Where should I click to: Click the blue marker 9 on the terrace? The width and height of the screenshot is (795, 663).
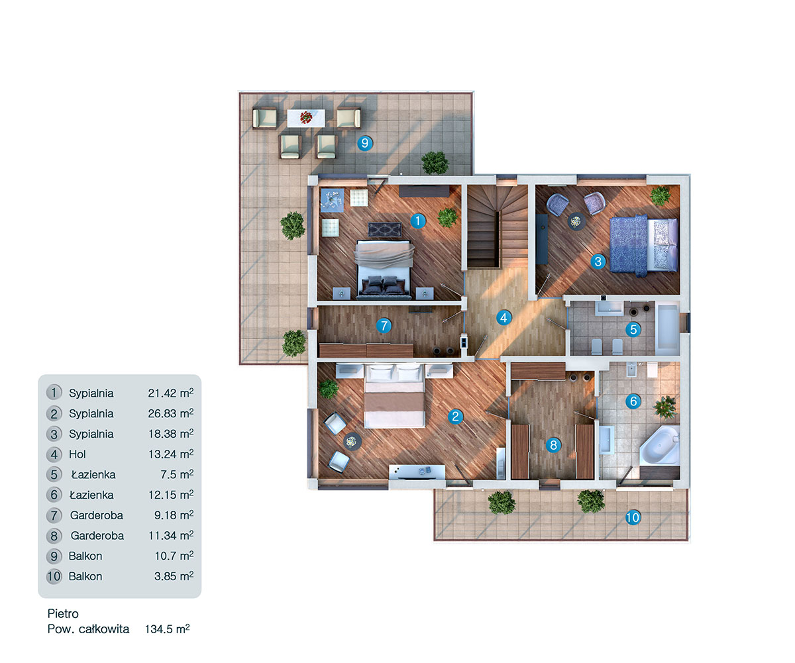(x=363, y=142)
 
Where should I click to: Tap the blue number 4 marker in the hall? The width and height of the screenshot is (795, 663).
(x=504, y=318)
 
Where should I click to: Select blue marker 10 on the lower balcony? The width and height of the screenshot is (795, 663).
(x=633, y=518)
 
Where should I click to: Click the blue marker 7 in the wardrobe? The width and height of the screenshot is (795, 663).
(x=383, y=325)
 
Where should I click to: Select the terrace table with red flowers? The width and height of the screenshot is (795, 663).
(x=306, y=118)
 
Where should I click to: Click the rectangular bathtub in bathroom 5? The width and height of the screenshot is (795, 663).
(x=666, y=328)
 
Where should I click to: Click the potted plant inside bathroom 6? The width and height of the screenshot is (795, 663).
(x=665, y=405)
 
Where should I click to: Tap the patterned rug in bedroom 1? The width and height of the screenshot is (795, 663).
(x=385, y=229)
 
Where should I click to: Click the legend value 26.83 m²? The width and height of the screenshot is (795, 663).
(x=170, y=413)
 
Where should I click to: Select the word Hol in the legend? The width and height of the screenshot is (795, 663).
(x=78, y=454)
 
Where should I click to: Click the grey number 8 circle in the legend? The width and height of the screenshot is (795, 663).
(x=54, y=535)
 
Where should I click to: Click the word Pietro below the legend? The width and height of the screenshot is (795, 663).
(x=63, y=614)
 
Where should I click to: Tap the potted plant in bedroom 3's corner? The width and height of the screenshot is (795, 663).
(x=660, y=195)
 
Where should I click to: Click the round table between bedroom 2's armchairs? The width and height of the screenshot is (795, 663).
(x=352, y=440)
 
